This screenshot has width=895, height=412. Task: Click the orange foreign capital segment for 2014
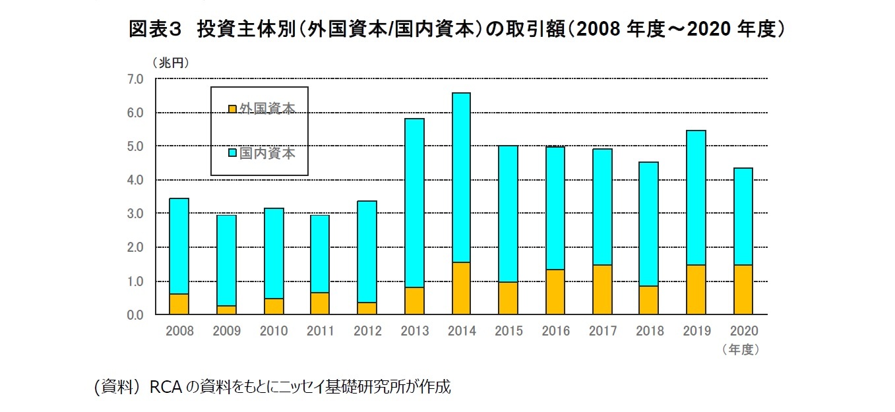[461, 288]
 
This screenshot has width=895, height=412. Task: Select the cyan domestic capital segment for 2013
[414, 203]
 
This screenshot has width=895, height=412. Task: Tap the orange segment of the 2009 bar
[226, 310]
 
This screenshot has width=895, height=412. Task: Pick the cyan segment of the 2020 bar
[743, 216]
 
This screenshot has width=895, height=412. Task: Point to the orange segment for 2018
[649, 300]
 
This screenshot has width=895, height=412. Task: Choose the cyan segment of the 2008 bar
[179, 246]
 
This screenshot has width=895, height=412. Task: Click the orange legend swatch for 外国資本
[232, 109]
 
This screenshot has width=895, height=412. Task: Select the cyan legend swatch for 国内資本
[232, 154]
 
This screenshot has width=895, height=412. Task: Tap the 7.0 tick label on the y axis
[135, 79]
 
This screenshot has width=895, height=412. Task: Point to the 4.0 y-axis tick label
[135, 180]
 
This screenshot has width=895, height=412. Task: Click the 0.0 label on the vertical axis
[135, 315]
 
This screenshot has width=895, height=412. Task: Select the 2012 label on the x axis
[367, 331]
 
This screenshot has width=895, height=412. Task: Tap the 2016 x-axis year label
[555, 331]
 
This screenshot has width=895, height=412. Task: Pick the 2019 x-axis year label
[696, 331]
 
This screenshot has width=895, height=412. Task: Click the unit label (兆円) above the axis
[170, 63]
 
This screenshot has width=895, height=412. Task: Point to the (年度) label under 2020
[741, 349]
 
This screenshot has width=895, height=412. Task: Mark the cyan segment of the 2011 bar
[320, 254]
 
